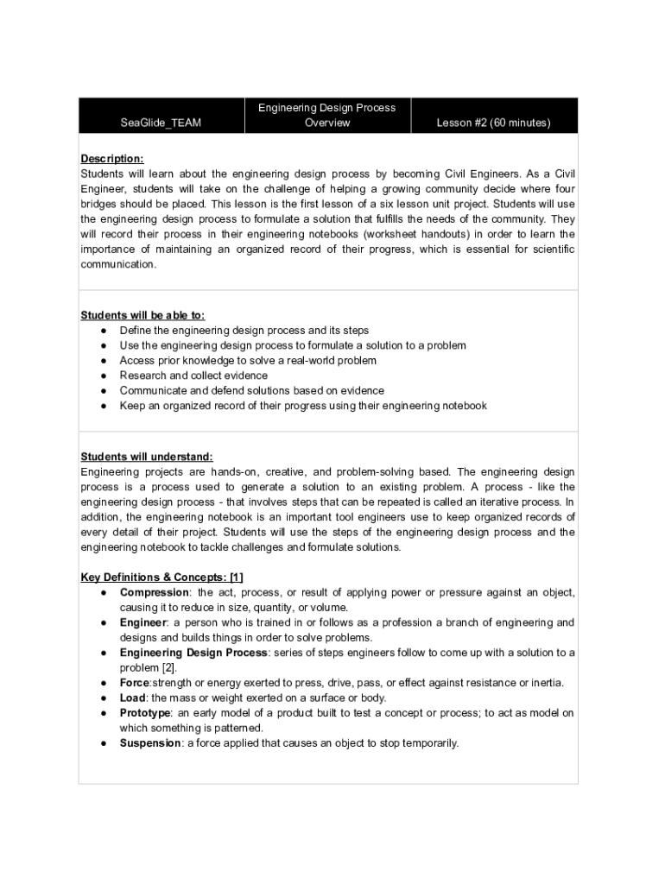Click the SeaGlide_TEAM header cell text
click(x=161, y=123)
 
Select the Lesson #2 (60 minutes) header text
click(x=493, y=123)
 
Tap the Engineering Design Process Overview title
click(x=327, y=115)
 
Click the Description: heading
click(x=112, y=159)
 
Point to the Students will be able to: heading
click(x=142, y=315)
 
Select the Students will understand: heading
click(x=147, y=457)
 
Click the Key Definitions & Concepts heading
click(x=155, y=577)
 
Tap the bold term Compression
click(x=155, y=592)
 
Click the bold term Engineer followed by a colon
click(x=143, y=622)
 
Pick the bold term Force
click(x=135, y=683)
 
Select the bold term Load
click(x=132, y=698)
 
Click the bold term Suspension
click(x=150, y=743)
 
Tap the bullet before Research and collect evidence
click(x=104, y=376)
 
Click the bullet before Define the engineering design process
click(x=104, y=331)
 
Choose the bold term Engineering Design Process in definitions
click(x=194, y=653)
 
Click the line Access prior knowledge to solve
click(x=248, y=361)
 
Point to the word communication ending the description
click(x=119, y=265)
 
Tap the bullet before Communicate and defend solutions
click(x=104, y=391)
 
